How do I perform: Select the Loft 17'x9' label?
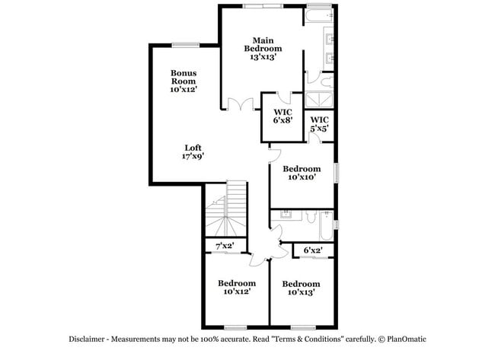tap(193, 151)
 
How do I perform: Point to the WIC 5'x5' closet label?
tap(319, 124)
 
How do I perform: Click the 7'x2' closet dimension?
tap(225, 246)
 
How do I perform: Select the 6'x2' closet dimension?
tap(313, 250)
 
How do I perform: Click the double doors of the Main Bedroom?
tap(241, 105)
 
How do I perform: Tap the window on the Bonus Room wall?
tap(185, 44)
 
